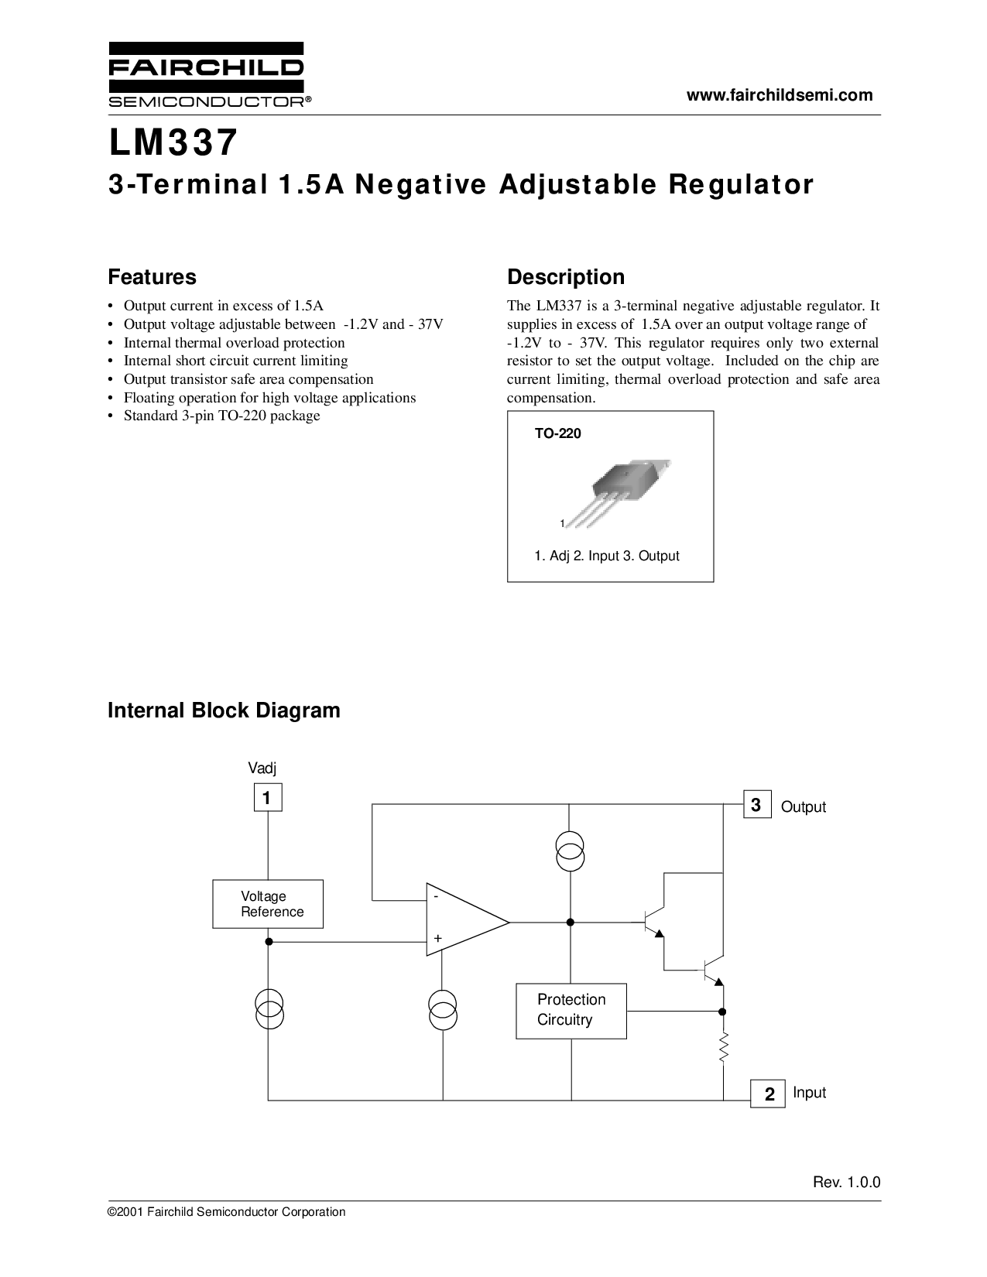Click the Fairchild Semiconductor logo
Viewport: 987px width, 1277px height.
(x=209, y=74)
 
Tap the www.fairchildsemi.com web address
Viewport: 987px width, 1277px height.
(x=780, y=95)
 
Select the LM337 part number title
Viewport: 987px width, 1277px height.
(x=173, y=143)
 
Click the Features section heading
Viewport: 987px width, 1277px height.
(x=152, y=277)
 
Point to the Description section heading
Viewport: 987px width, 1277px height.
(x=566, y=277)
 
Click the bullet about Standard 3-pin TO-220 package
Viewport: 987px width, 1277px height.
(x=221, y=416)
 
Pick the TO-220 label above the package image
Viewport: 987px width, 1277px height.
(x=557, y=433)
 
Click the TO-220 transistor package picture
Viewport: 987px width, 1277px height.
(x=616, y=492)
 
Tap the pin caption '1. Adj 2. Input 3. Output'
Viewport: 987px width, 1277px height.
(x=607, y=556)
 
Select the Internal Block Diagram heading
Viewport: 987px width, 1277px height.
(x=224, y=710)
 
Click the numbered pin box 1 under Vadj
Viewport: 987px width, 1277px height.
(x=268, y=797)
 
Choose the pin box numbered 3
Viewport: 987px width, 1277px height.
(x=757, y=805)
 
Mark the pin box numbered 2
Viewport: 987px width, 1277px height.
(x=768, y=1094)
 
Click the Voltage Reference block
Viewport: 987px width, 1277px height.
(x=268, y=904)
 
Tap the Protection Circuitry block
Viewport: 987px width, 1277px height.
(x=571, y=1012)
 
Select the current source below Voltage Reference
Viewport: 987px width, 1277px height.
(x=269, y=1010)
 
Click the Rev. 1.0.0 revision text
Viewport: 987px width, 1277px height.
(x=847, y=1183)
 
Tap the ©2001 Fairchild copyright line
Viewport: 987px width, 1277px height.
(x=226, y=1212)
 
